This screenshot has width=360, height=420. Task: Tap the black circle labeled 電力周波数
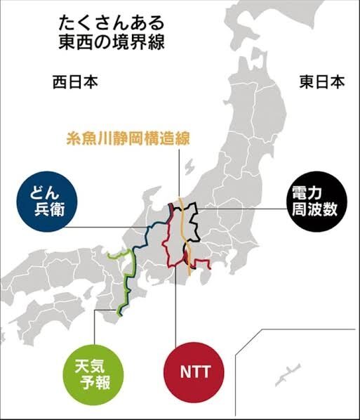pos(315,201)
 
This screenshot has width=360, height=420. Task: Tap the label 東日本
pos(322,82)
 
